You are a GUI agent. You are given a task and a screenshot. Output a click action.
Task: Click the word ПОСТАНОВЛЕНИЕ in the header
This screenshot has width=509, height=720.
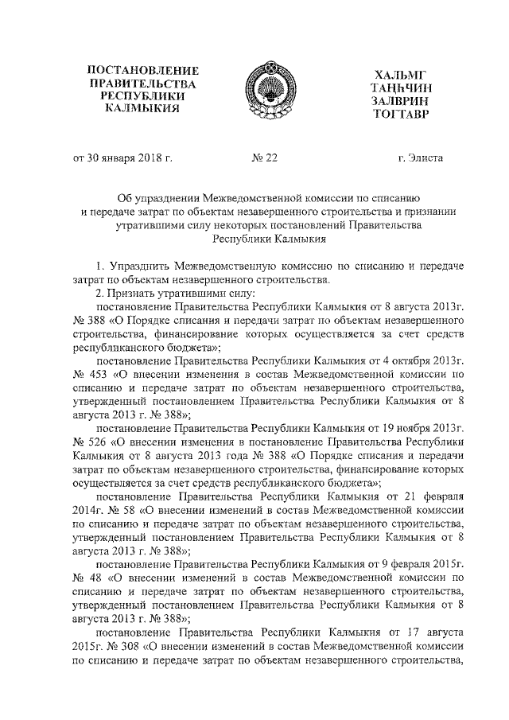(142, 70)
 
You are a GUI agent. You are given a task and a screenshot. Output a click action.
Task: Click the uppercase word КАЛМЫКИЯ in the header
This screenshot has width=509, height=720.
(142, 109)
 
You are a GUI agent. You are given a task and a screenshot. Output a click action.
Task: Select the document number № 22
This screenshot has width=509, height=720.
(264, 158)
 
